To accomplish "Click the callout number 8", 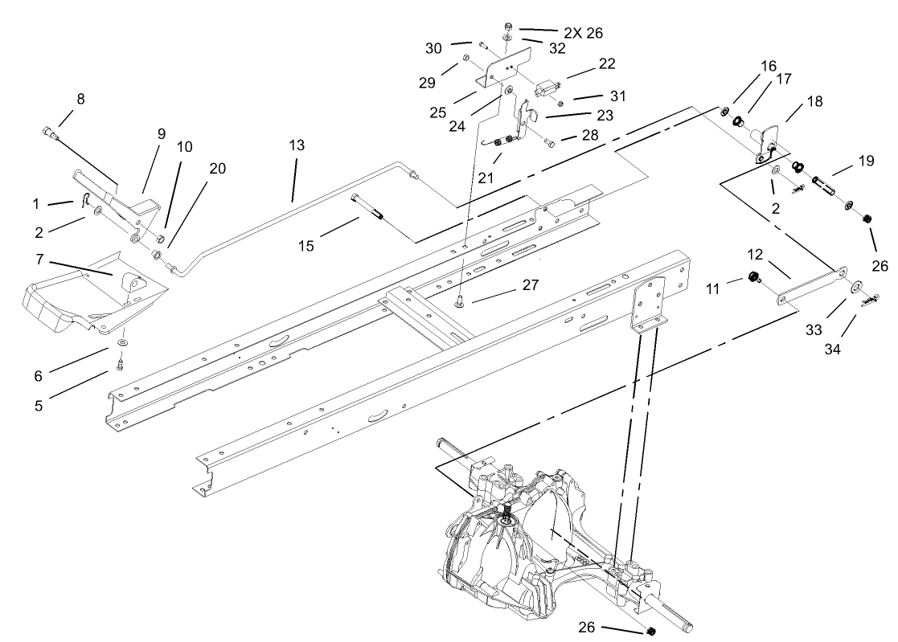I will pos(80,99).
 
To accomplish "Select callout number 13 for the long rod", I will pos(297,145).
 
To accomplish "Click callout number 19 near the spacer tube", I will pos(866,161).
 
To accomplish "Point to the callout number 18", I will pos(814,103).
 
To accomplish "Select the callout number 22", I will pos(607,63).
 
